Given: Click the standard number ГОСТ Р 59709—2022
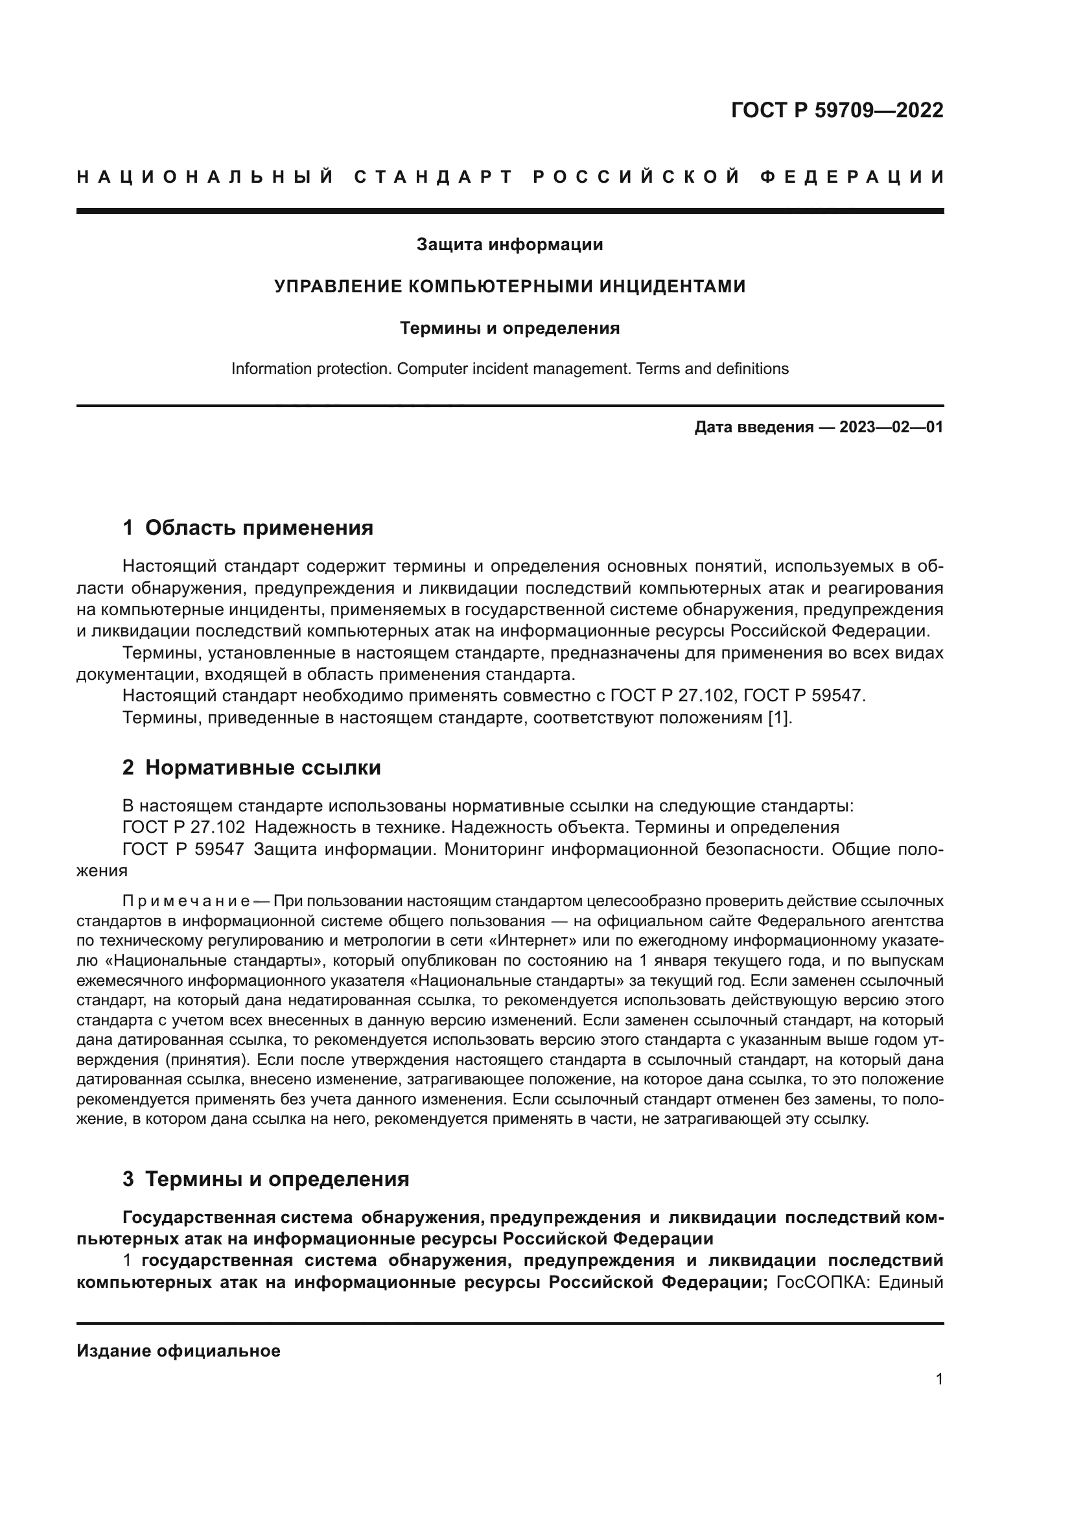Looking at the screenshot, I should click(837, 110).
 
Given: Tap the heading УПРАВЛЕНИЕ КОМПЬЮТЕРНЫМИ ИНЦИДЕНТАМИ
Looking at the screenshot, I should click(509, 286).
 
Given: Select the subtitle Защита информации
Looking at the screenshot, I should click(509, 245).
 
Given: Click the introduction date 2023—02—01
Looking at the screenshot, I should click(891, 427).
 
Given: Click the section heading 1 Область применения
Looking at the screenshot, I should click(248, 528).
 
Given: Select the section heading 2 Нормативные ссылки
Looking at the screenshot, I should click(251, 767).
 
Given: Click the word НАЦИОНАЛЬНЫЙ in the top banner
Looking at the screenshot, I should click(205, 177).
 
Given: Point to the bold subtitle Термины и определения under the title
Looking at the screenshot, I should click(509, 328).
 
